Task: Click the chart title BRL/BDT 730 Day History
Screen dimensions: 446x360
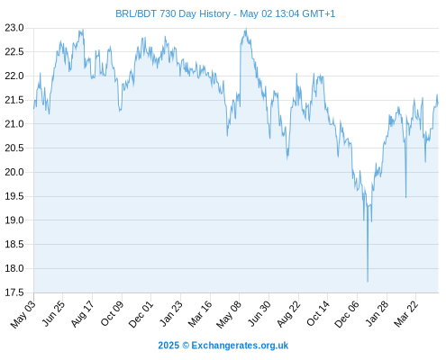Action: point(173,13)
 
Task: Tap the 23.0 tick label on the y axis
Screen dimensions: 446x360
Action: point(14,28)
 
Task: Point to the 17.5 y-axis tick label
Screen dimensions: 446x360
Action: point(14,292)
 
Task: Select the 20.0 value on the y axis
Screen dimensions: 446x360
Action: point(14,172)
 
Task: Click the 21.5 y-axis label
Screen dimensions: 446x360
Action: point(14,100)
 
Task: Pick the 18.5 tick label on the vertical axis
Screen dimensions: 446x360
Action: point(14,244)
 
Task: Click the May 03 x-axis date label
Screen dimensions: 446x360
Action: point(23,314)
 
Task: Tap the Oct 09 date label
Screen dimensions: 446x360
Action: point(112,314)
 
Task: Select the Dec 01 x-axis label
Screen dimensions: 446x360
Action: point(141,314)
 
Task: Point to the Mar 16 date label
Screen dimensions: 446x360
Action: point(200,314)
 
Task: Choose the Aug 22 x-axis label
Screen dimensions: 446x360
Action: point(288,314)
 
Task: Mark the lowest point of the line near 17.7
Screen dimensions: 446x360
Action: point(368,282)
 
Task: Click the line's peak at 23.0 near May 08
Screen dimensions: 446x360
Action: point(246,29)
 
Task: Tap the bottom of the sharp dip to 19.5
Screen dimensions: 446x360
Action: point(405,197)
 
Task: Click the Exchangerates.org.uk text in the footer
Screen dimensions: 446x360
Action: point(240,346)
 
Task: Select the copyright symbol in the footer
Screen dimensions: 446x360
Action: point(186,346)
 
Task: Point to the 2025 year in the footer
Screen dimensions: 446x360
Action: point(168,346)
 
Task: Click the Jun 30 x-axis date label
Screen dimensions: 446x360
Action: point(259,314)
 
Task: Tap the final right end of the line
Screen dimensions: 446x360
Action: point(438,103)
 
